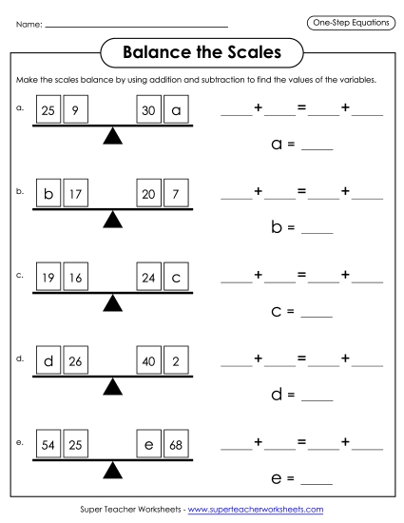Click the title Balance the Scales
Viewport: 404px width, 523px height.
pos(201,48)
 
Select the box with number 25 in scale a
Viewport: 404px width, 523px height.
pos(48,111)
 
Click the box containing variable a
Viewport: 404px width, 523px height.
pos(176,111)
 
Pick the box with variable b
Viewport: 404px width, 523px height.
pos(48,195)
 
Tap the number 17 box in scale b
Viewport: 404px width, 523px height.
pos(75,195)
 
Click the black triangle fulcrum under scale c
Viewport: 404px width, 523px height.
pos(113,302)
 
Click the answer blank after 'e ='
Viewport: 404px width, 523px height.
pos(317,482)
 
